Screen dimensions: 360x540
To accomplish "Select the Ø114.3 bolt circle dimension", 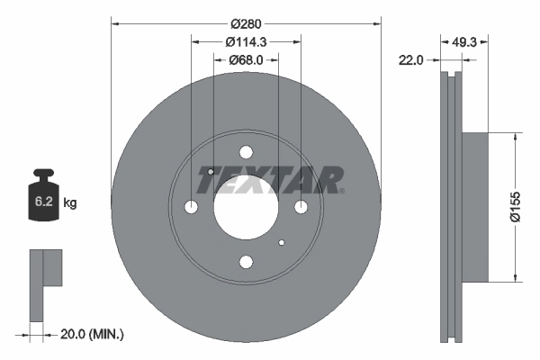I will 246,41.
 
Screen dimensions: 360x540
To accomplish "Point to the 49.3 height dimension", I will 463,41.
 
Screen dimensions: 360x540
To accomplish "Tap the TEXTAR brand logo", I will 270,180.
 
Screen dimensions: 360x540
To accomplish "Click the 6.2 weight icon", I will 44,201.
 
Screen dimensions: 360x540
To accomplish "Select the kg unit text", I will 70,203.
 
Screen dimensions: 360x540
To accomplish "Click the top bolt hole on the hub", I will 246,152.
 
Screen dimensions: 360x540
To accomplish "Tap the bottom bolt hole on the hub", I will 246,262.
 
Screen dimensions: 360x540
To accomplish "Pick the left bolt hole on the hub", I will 191,207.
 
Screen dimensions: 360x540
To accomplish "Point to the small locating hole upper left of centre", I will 210,171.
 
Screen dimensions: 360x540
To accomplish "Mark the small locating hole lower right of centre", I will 282,242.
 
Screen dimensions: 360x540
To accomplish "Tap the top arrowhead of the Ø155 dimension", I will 515,138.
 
